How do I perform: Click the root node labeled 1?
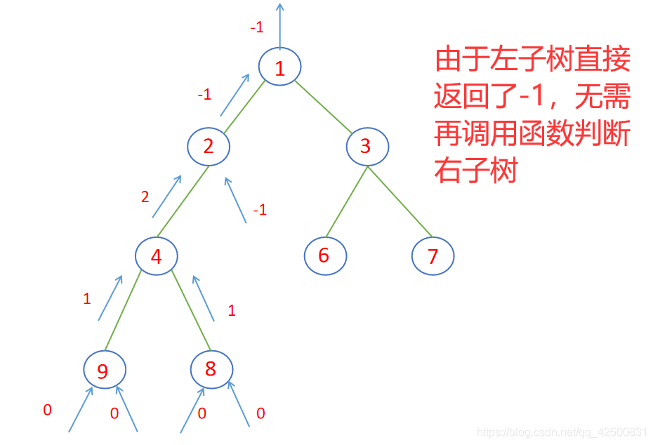pos(279,67)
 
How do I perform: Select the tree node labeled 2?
pos(209,146)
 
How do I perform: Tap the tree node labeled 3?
pos(367,147)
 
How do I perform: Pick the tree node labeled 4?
pos(156,256)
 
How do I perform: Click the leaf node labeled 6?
pos(325,255)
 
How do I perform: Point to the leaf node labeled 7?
pos(433,256)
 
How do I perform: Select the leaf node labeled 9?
pos(104,370)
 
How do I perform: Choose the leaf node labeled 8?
pos(211,368)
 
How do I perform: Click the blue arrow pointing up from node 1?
pos(280,25)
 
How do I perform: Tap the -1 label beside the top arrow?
pos(257,28)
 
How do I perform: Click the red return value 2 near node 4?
pos(145,197)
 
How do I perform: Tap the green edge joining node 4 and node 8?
pos(190,310)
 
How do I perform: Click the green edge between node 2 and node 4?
pos(182,201)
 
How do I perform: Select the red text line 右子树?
pos(476,171)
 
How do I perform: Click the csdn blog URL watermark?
pos(562,432)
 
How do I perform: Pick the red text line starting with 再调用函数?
pos(532,133)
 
